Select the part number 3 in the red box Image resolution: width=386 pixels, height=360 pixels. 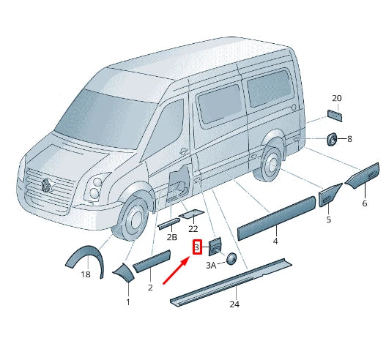click(x=196, y=248)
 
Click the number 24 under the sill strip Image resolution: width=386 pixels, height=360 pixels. click(x=234, y=304)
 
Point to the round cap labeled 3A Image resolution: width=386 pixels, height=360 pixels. click(x=231, y=258)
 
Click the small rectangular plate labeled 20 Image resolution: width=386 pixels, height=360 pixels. click(x=336, y=115)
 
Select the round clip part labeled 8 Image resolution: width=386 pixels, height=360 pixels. click(x=332, y=138)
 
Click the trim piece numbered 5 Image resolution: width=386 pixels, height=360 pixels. click(x=329, y=195)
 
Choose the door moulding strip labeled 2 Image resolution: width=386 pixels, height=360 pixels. click(x=151, y=260)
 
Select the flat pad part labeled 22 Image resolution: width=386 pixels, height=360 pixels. click(x=192, y=214)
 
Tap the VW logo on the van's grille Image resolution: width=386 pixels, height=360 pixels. click(x=45, y=184)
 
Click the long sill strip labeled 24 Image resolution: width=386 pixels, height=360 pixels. click(x=231, y=280)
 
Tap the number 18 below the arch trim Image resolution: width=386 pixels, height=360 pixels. click(x=86, y=274)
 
